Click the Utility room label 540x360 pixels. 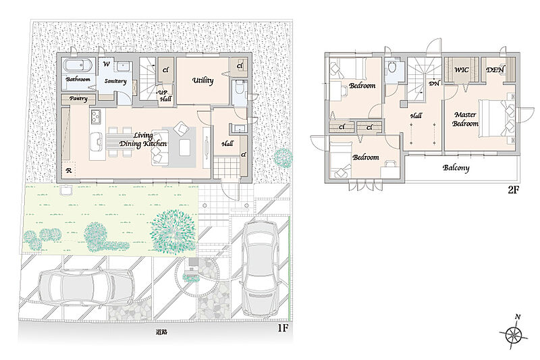pos(203,80)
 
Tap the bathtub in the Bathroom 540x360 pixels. pos(78,65)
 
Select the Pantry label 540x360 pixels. pos(78,99)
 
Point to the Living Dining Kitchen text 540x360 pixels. pos(143,140)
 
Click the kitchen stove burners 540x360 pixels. pos(96,116)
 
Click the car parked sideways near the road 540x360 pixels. pos(86,286)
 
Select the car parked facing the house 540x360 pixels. pos(261,268)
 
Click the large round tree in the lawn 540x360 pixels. pos(173,232)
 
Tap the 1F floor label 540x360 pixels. pos(283,328)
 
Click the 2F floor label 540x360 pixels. pos(513,190)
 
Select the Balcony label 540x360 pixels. pos(456,168)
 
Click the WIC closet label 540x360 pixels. pos(461,70)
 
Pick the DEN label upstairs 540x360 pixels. pos(495,70)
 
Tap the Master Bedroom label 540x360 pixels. pos(465,119)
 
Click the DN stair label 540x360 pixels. pos(434,83)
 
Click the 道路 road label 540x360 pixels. pos(161,332)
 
